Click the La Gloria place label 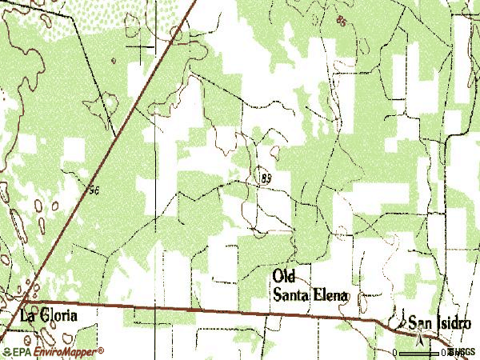49,316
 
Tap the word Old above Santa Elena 284,276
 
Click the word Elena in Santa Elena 330,295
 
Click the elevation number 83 266,178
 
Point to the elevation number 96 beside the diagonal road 94,189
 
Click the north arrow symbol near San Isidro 419,340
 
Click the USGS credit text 464,352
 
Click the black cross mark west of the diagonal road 143,47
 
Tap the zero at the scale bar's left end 397,352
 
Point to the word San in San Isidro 418,323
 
